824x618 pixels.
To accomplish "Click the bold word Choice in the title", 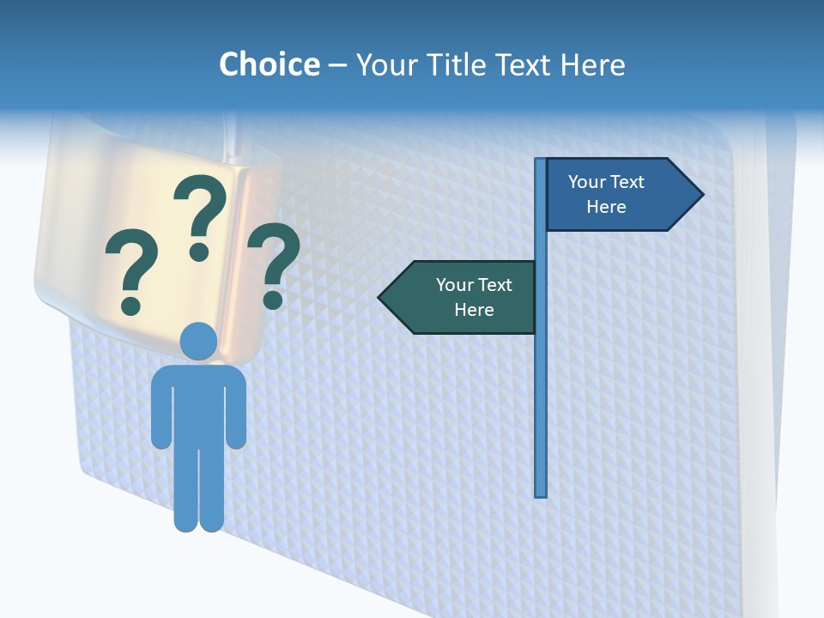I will [269, 64].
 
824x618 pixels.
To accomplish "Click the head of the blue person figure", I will [198, 341].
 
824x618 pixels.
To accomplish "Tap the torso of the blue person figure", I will [198, 403].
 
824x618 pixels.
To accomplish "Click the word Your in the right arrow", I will [587, 182].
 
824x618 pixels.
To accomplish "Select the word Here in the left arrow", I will [474, 310].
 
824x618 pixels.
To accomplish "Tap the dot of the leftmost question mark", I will [131, 305].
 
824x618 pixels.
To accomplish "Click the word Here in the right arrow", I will [606, 207].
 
